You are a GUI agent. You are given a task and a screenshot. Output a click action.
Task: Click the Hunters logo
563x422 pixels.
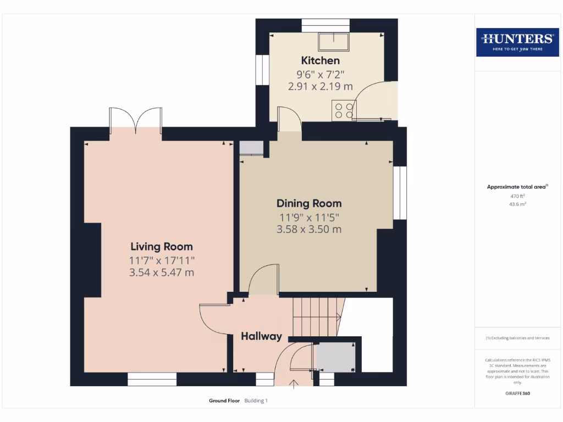coord(517,42)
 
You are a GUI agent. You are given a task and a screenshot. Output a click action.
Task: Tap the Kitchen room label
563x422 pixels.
coord(320,60)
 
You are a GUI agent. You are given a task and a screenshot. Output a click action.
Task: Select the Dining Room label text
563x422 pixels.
coord(309,203)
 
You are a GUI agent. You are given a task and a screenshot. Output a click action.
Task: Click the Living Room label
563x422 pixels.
coord(162,247)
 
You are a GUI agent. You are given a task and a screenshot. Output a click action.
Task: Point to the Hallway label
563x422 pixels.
coord(261,336)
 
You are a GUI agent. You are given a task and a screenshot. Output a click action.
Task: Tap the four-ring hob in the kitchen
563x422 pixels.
coord(343,110)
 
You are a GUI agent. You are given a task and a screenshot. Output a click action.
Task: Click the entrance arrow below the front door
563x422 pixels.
coord(294,384)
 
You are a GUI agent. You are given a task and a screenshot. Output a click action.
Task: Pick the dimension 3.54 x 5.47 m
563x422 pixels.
coord(162,273)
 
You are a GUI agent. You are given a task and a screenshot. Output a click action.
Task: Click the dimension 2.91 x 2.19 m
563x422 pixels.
coord(320,86)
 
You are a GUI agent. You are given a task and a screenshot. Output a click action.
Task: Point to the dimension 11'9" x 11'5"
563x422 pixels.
coord(309,216)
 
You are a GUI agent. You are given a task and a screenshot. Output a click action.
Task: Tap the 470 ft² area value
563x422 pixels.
coord(517,196)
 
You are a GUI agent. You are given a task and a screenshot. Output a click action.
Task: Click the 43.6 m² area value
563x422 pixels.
coord(517,204)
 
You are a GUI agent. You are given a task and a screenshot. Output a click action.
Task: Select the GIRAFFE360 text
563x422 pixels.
coord(517,393)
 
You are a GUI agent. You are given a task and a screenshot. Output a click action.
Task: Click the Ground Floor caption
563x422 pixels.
coord(224,401)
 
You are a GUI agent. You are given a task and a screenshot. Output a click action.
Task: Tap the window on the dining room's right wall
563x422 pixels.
coord(400,193)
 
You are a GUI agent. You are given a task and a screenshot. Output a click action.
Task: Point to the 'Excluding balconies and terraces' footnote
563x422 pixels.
coord(517,338)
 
